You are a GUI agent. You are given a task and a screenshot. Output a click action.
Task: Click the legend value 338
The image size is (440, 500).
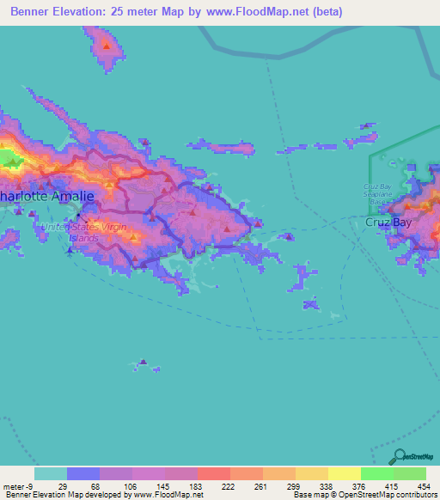312,486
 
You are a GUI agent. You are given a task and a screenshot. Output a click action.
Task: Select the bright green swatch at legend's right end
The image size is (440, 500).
409,473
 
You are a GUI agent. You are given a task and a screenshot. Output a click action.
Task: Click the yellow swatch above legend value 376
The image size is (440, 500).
345,473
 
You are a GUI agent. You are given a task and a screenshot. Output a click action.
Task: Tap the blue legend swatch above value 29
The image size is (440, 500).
82,473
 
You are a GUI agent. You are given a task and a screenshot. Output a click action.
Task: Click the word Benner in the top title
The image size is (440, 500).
34,12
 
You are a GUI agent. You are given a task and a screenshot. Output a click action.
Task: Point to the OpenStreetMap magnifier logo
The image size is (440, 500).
396,456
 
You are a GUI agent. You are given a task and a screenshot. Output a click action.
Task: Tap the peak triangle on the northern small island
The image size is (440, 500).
106,45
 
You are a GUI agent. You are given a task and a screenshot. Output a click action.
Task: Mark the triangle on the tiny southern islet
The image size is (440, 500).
143,362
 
